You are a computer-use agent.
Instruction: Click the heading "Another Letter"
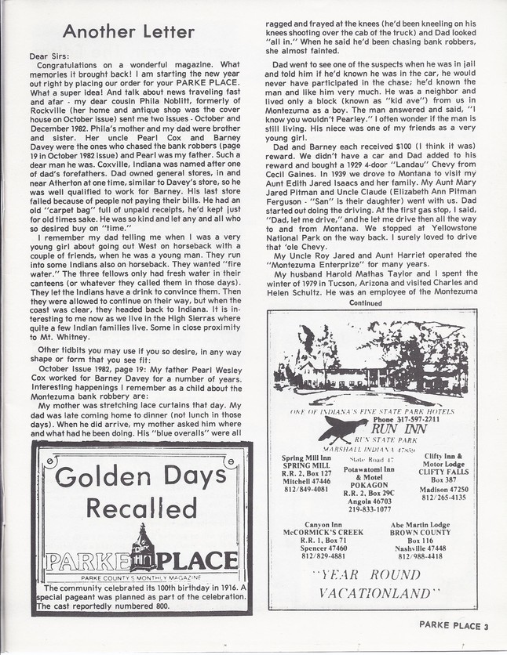[128, 32]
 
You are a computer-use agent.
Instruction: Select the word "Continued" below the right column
[366, 302]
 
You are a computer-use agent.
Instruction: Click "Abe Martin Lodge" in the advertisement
[420, 525]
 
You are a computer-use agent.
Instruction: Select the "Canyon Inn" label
[314, 525]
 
